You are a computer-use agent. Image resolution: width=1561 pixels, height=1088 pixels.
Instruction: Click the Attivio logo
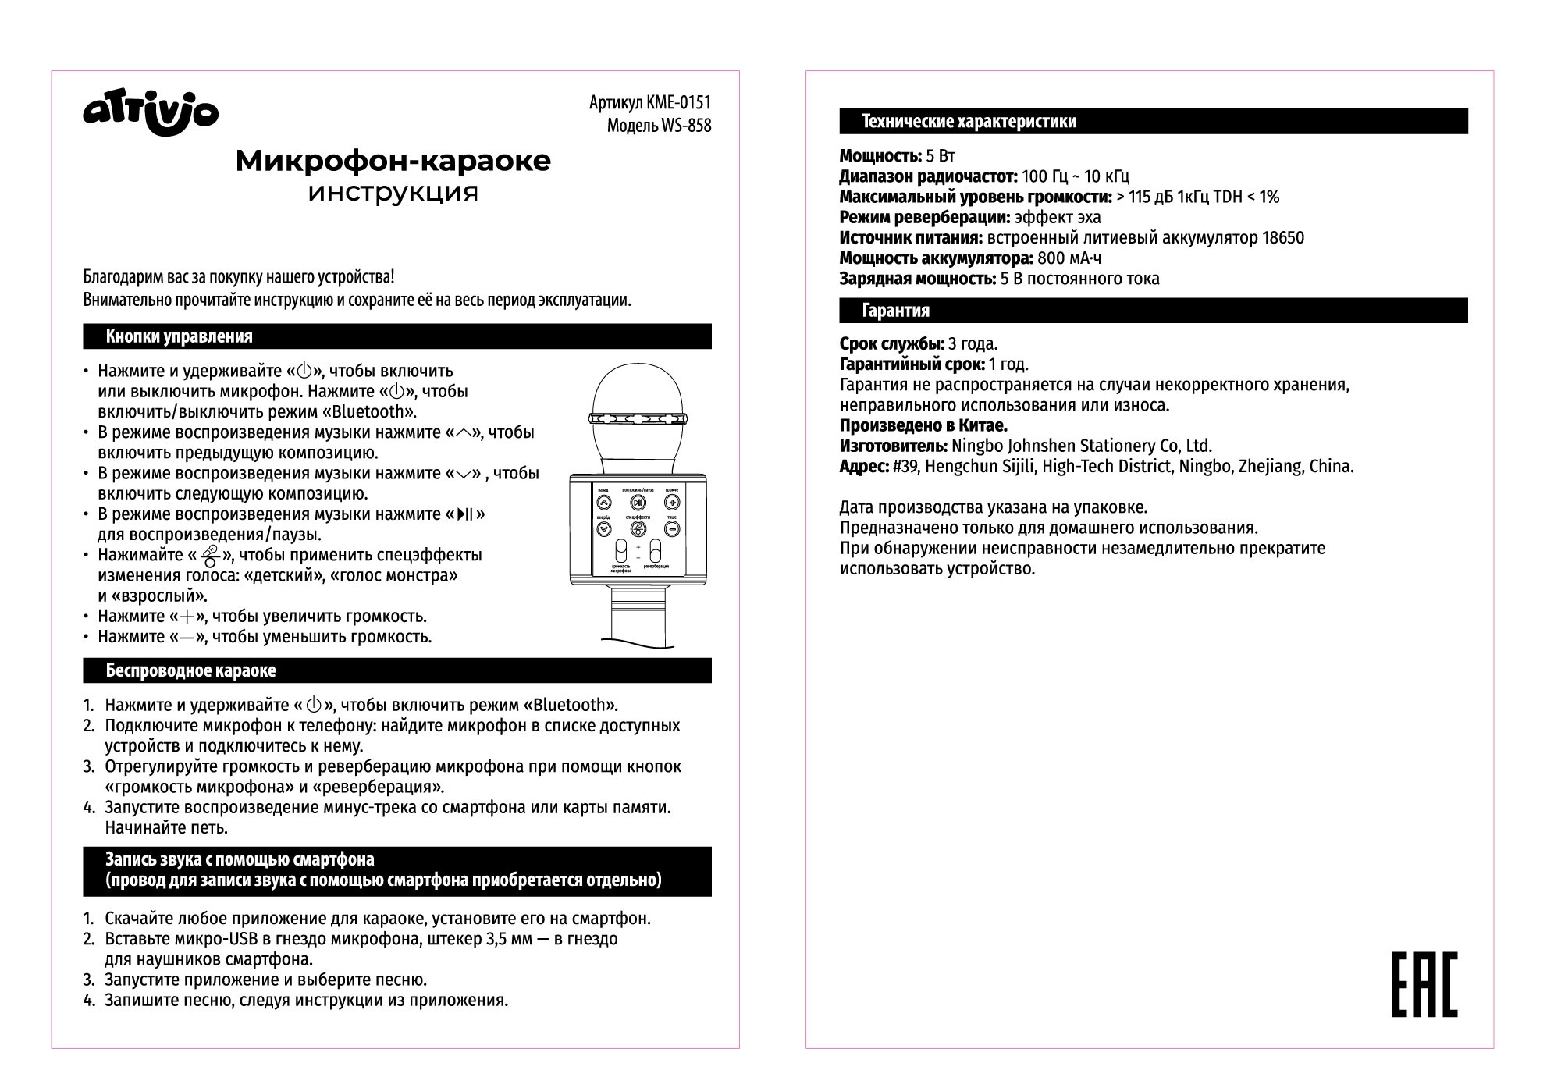pos(151,114)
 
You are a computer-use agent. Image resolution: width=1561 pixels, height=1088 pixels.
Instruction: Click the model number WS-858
pos(685,126)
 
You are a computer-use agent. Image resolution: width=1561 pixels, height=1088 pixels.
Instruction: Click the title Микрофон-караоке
pos(393,161)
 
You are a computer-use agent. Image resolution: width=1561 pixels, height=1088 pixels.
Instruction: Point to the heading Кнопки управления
pos(179,336)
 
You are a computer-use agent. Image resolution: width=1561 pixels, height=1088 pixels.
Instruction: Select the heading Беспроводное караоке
pos(190,670)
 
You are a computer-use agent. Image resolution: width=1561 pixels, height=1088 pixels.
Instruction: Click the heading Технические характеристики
pos(969,122)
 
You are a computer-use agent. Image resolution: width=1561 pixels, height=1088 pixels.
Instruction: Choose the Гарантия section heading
pos(895,311)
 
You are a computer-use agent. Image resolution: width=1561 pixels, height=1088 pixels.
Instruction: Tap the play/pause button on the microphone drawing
pos(638,503)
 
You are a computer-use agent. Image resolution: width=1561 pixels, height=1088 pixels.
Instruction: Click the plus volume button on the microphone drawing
pos(672,503)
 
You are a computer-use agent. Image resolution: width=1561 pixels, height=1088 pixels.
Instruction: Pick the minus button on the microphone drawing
pos(672,529)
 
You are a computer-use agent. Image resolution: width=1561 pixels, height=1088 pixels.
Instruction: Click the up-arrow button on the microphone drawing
pos(603,503)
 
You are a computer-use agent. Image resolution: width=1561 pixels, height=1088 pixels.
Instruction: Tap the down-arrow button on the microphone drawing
pos(603,529)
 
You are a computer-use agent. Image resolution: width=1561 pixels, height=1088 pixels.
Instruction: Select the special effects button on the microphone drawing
pos(638,529)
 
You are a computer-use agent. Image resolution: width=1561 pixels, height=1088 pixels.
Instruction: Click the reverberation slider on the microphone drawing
pos(656,550)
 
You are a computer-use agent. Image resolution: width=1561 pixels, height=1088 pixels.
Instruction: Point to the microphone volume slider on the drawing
pos(620,550)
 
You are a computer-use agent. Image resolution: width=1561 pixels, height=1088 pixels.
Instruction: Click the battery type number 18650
pos(1282,238)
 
